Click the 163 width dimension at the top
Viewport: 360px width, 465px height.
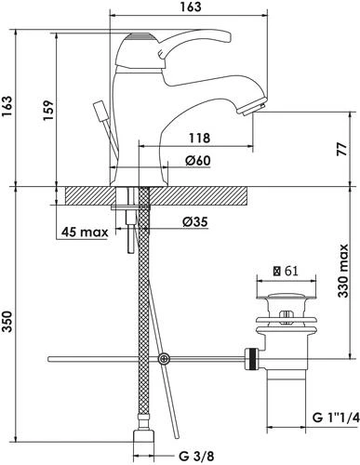[x=190, y=7]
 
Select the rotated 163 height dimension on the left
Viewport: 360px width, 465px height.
[x=7, y=106]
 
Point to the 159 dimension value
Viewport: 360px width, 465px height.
[x=48, y=111]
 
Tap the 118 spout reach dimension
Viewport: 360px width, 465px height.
[x=199, y=138]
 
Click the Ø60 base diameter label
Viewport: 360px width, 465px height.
[x=198, y=160]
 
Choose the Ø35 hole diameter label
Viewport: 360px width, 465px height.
[x=195, y=221]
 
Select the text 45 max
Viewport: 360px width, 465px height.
[x=85, y=232]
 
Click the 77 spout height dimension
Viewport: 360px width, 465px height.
[x=342, y=150]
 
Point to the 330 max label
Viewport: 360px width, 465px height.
[x=343, y=271]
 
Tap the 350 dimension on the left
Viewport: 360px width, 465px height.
[x=7, y=322]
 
